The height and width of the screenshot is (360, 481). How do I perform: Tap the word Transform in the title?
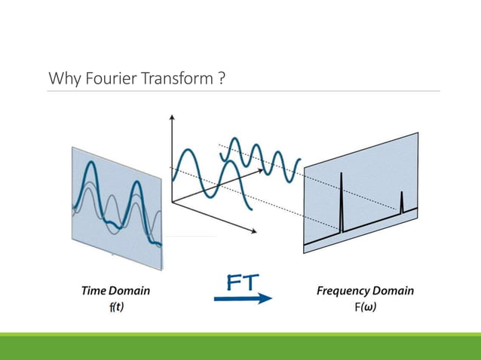tap(173, 78)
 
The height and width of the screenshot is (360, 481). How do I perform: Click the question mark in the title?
tap(220, 78)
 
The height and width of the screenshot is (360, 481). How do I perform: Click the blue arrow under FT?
tap(243, 298)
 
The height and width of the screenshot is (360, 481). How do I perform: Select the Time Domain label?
tap(115, 291)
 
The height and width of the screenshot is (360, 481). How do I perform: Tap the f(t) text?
tap(115, 307)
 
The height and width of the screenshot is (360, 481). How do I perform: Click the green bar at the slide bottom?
tap(240, 346)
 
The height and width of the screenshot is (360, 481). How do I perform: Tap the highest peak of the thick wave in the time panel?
tap(90, 164)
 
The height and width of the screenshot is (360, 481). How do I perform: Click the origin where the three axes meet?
tap(173, 203)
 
